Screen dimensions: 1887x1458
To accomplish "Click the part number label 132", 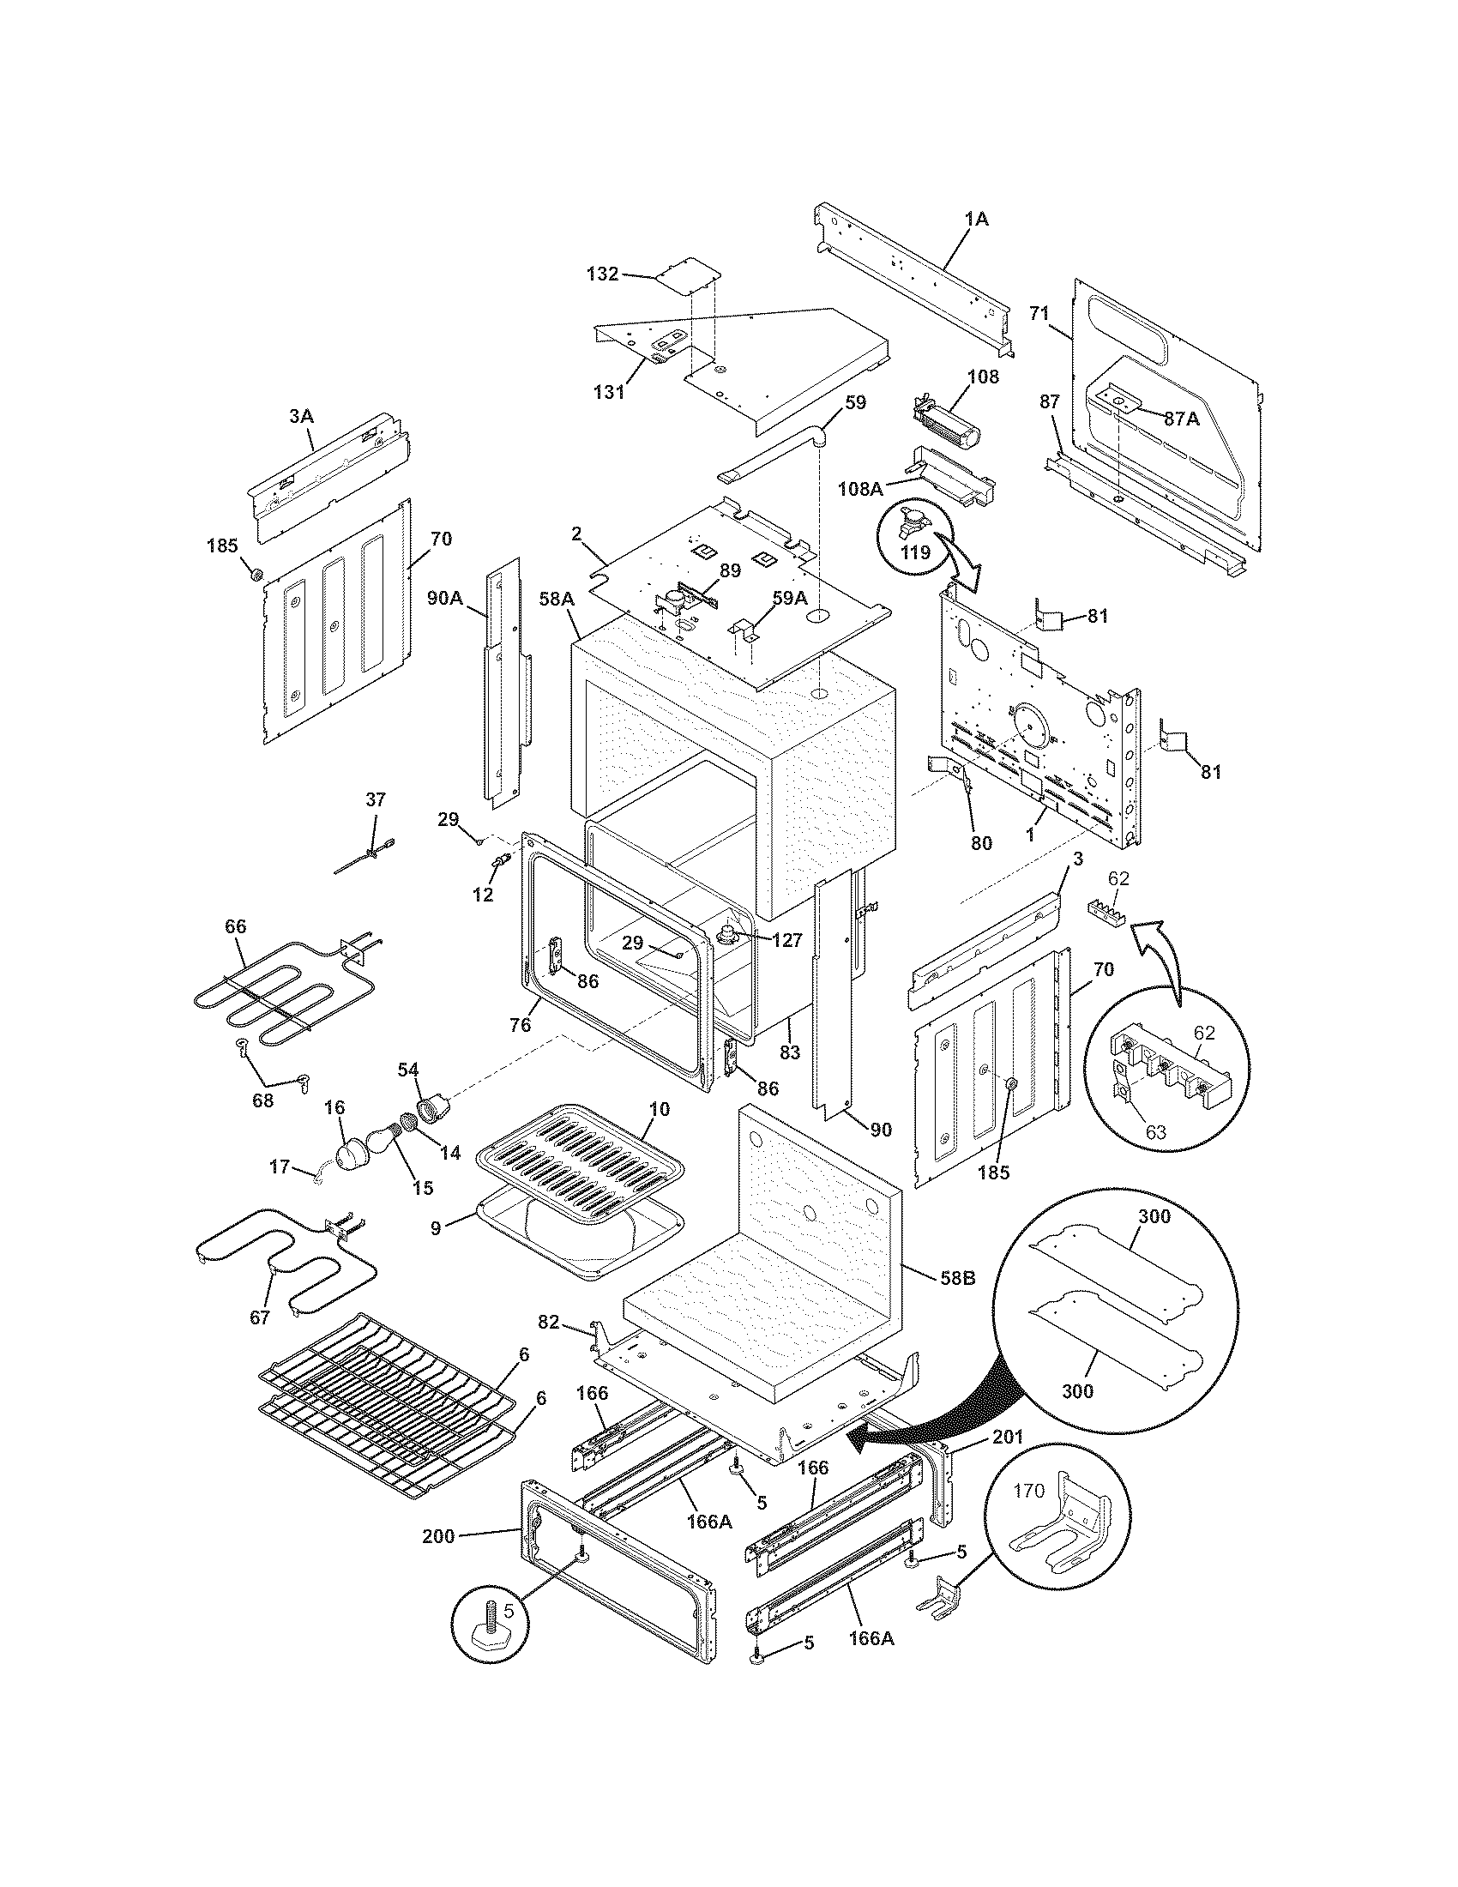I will pyautogui.click(x=602, y=274).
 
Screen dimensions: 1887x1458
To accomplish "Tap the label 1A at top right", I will pyautogui.click(x=976, y=220).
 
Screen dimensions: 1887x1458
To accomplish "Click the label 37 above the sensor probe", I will pyautogui.click(x=376, y=799).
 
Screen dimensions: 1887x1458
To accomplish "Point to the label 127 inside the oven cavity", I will pyautogui.click(x=786, y=940).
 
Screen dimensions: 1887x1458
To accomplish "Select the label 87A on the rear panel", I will pyautogui.click(x=1181, y=419).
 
